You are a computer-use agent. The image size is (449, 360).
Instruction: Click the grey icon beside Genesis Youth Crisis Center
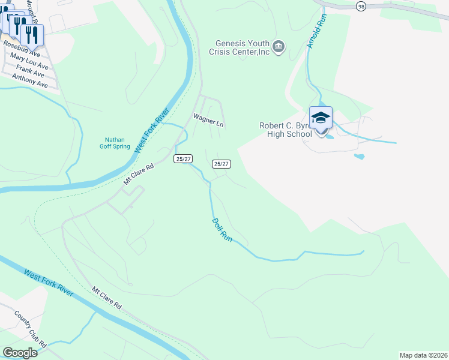278,47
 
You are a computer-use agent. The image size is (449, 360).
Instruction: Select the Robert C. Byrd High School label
286,130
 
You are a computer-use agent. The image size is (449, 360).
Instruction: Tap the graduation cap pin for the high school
321,118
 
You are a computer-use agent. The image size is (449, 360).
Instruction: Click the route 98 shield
360,5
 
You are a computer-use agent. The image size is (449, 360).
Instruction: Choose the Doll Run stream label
222,230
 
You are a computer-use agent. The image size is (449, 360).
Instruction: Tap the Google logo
20,352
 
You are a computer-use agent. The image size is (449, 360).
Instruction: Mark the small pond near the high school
359,157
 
